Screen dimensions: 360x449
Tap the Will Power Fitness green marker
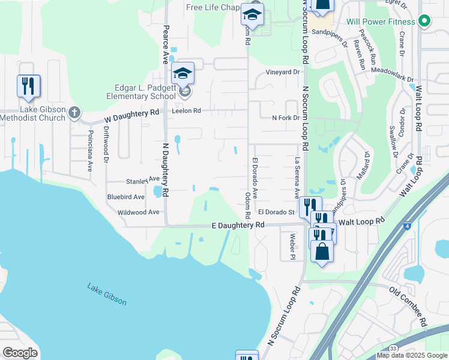(424, 22)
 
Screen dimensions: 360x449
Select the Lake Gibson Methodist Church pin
(74, 112)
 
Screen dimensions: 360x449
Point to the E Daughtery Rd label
(238, 224)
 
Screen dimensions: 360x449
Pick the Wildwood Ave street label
(139, 212)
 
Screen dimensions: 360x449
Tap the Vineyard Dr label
(283, 72)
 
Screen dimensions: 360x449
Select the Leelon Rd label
(185, 111)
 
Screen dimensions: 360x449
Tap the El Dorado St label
(276, 212)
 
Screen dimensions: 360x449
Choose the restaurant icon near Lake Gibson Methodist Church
(28, 86)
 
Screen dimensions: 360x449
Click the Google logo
(20, 353)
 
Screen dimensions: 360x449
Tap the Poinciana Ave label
(90, 151)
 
